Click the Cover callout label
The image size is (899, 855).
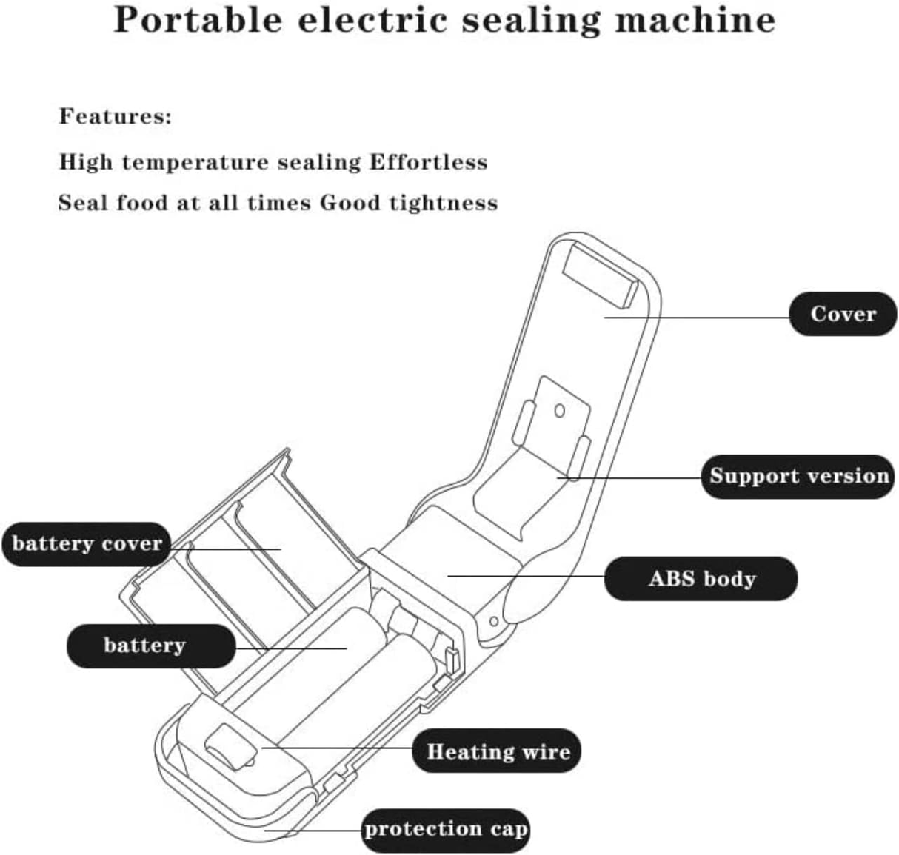[843, 314]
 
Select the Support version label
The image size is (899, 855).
[798, 476]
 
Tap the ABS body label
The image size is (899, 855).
[701, 578]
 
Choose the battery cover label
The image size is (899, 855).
[87, 544]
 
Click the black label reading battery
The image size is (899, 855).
[144, 646]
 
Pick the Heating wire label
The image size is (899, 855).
[498, 752]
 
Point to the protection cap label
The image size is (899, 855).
[446, 829]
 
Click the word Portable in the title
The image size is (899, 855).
[198, 20]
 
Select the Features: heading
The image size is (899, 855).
[116, 116]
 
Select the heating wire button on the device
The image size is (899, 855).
[229, 748]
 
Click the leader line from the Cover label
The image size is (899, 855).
[696, 318]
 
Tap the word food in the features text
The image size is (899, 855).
[142, 203]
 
